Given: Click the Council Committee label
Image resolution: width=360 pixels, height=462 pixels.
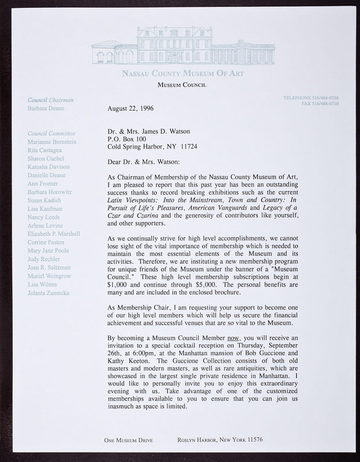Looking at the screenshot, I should pos(51,132).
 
